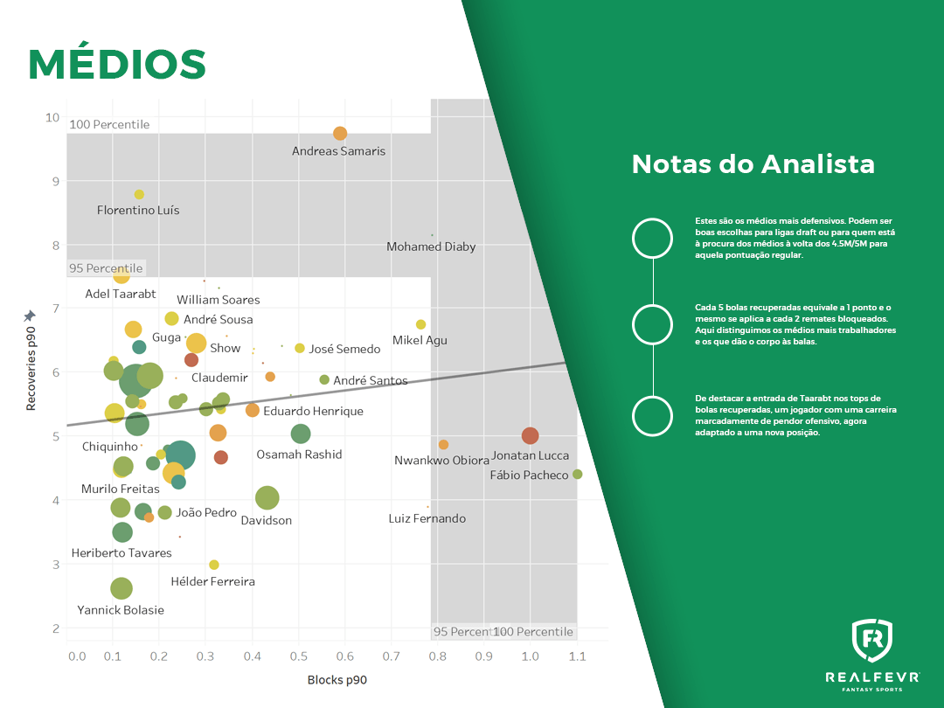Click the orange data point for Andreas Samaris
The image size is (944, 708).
[340, 133]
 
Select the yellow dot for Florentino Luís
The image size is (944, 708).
[139, 194]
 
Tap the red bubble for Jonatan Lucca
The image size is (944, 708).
[530, 435]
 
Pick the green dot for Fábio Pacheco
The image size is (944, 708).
[577, 474]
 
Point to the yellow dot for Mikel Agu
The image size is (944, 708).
[420, 324]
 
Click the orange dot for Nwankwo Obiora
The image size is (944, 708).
[443, 445]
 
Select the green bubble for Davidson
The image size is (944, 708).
[267, 498]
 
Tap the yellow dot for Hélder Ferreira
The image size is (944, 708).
[214, 565]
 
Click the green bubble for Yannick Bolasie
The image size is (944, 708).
[121, 588]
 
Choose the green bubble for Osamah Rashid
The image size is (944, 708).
[301, 434]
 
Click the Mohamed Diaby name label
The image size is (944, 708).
[431, 247]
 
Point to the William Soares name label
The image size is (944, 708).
[219, 300]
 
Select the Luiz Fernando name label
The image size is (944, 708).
[427, 519]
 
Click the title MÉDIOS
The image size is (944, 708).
[117, 64]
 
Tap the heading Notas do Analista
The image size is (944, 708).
[753, 164]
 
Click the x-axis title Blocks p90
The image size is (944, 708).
[337, 680]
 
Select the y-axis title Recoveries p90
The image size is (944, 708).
[31, 367]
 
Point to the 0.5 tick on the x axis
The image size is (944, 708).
[298, 656]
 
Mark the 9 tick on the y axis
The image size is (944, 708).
[53, 181]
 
